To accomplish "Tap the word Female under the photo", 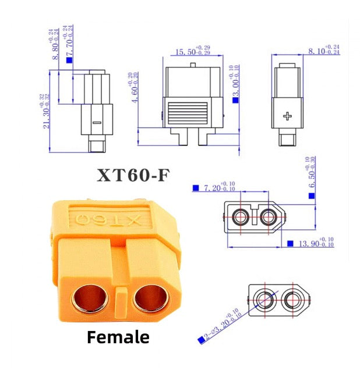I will tap(118, 337).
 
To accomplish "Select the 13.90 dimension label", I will tap(316, 243).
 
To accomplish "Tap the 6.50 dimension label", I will tap(312, 172).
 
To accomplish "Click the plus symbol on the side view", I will tap(287, 116).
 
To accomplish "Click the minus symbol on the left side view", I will tap(97, 123).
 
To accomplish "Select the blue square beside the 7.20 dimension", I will tap(196, 188).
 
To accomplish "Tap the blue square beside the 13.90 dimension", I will tap(290, 243).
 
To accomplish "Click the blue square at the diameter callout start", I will tap(200, 339).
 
